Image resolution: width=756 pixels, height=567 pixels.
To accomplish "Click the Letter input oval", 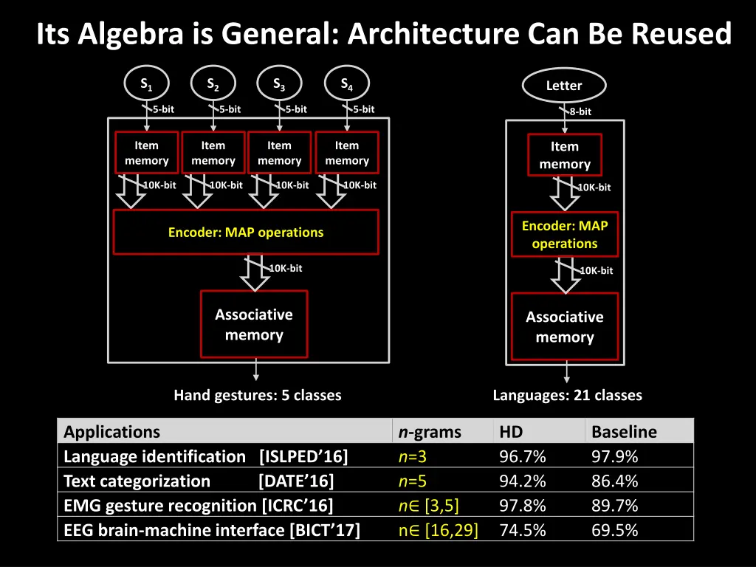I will click(564, 86).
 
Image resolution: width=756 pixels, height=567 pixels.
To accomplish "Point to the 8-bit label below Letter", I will click(580, 112).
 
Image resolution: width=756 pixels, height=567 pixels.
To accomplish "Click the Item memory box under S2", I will click(213, 153).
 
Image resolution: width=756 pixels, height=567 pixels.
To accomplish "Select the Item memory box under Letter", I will click(564, 156).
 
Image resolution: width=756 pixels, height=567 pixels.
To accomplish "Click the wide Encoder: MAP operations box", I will click(245, 232).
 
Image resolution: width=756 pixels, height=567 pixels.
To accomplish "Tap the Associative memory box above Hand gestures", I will click(254, 325).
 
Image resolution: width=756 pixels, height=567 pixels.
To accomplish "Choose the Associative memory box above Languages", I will click(564, 326).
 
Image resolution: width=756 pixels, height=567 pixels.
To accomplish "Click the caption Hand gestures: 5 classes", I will click(257, 395).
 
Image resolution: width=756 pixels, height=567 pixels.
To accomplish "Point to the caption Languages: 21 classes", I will click(567, 395).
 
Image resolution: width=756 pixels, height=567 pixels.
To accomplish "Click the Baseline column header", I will click(624, 432).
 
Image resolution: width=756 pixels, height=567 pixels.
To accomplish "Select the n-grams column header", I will click(430, 432).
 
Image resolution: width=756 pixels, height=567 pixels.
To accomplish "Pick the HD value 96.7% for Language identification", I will click(523, 457).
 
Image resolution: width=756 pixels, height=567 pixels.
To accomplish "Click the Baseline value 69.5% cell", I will click(615, 529).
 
